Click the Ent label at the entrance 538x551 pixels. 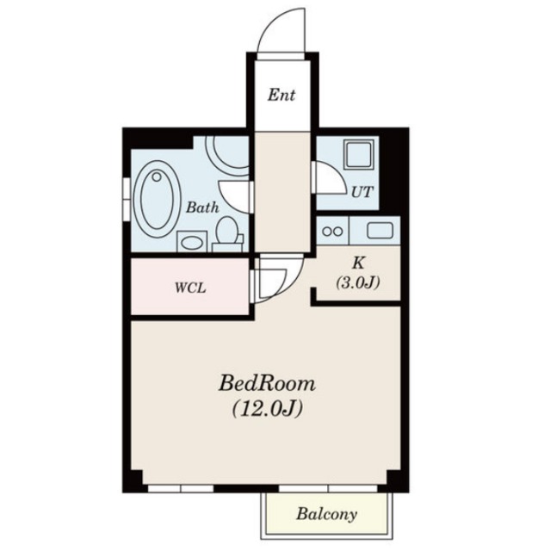(281, 95)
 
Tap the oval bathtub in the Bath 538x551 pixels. (157, 199)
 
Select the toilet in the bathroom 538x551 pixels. (228, 234)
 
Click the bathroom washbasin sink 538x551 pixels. (192, 241)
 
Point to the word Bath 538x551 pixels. (202, 207)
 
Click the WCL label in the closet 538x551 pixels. (190, 288)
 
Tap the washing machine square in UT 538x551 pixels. (359, 154)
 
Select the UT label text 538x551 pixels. (362, 192)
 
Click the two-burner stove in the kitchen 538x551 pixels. (332, 232)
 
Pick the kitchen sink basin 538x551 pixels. (380, 231)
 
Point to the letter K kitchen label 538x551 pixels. (358, 263)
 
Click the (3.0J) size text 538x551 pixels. (358, 282)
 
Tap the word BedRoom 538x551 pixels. (267, 384)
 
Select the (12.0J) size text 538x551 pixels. (267, 408)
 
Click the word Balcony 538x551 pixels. (326, 514)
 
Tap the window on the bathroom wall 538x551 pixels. (127, 200)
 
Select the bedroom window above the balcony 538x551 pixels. (328, 488)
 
